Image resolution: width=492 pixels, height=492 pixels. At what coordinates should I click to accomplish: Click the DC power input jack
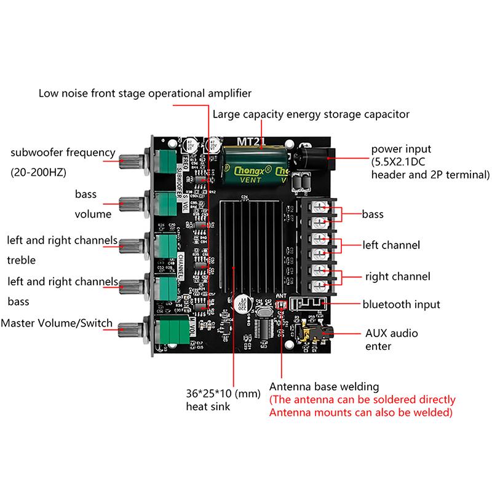(x=315, y=157)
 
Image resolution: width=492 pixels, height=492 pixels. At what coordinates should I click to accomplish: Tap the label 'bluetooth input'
(x=401, y=304)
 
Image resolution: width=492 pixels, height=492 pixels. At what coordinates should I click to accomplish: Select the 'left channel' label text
(x=391, y=245)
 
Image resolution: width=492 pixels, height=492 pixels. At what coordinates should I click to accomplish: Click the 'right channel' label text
(x=397, y=276)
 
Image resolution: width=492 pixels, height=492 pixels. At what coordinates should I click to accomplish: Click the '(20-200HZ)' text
(x=38, y=173)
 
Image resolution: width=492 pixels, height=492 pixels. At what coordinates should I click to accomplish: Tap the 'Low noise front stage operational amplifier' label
(x=145, y=93)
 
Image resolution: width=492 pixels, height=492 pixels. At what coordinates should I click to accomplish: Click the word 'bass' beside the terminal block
(x=373, y=214)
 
